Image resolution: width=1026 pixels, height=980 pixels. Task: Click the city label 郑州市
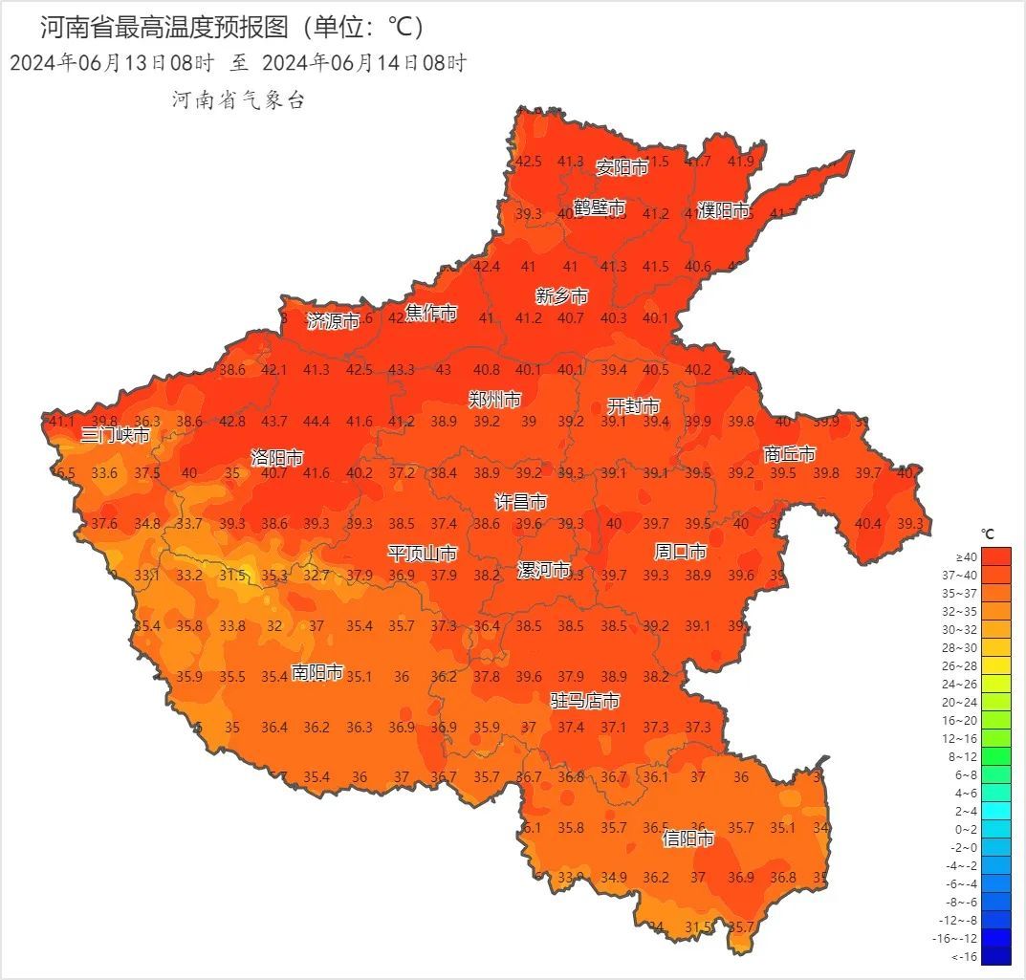[x=494, y=400]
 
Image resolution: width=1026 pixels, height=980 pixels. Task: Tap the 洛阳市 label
[x=276, y=457]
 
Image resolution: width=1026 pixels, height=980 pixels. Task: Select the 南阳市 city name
[x=317, y=672]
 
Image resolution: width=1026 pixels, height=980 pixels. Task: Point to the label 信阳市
[x=688, y=838]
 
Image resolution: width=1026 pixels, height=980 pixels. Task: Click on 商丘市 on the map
[x=790, y=454]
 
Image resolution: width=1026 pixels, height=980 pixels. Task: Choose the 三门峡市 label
[x=115, y=436]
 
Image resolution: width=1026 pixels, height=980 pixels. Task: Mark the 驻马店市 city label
[x=584, y=701]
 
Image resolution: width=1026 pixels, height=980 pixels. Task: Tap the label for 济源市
[x=333, y=321]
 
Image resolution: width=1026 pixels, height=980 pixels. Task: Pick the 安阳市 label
[x=622, y=167]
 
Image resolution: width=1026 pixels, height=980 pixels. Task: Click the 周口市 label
[x=680, y=552]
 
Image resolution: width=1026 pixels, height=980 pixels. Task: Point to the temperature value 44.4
[x=317, y=422]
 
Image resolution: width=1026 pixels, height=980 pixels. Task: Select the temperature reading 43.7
[x=274, y=422]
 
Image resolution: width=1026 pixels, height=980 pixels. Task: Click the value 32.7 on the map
[x=317, y=576]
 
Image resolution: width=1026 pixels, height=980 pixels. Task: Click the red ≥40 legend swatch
[x=995, y=555]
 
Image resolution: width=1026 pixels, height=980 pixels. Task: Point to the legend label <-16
[x=966, y=956]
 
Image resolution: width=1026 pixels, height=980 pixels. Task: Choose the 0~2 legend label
[x=965, y=829]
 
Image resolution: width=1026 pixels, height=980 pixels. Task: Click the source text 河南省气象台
[x=238, y=100]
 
